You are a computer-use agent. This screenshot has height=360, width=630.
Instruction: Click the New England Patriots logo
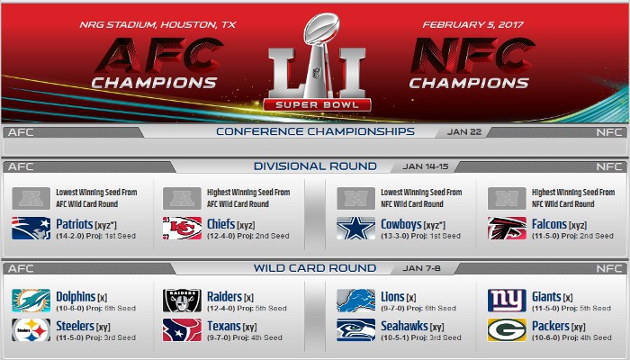[x=31, y=229]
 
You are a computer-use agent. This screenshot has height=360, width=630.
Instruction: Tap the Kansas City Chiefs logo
[x=182, y=229]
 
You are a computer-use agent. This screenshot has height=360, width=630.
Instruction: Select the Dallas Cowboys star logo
[x=356, y=229]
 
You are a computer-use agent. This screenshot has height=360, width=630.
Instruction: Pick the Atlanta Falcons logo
[x=507, y=229]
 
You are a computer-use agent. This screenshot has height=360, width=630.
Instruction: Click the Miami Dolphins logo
[x=31, y=301]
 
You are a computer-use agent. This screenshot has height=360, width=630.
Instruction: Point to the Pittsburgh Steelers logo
[x=31, y=330]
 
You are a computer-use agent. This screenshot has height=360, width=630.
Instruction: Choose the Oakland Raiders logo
[x=182, y=301]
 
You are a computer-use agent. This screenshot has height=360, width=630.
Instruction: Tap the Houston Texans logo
[x=182, y=330]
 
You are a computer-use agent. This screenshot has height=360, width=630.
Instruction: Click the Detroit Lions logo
[x=356, y=301]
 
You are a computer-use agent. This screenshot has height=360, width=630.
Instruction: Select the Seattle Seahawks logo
[x=356, y=330]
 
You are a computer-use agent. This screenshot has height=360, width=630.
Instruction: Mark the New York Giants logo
[x=507, y=301]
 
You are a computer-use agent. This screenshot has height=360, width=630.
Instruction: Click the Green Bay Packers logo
[x=507, y=330]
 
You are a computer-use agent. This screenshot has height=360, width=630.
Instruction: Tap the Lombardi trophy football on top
[x=321, y=28]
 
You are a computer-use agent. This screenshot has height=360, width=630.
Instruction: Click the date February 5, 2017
[x=472, y=25]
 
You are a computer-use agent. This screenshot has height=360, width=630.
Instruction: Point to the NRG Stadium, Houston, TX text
[x=157, y=25]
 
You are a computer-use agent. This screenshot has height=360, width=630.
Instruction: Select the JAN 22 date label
[x=464, y=132]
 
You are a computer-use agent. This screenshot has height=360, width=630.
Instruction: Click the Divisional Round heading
[x=315, y=166]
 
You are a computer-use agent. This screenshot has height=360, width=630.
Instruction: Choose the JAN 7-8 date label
[x=421, y=268]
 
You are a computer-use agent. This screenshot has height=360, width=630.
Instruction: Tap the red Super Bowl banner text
[x=317, y=105]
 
